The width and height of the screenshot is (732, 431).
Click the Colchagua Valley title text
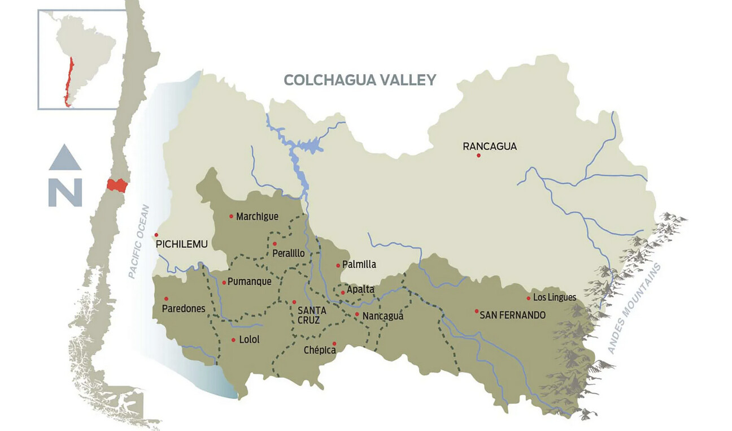(x=360, y=80)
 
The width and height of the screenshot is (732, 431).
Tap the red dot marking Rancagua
(x=478, y=155)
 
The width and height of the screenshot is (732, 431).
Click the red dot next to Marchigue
(x=231, y=216)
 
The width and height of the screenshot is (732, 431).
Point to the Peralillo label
(x=288, y=253)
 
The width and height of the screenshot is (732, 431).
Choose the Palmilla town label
(x=359, y=264)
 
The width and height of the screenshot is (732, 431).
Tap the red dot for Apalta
(x=343, y=292)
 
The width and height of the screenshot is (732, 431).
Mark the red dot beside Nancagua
(x=357, y=314)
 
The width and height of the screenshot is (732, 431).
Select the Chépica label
(x=320, y=351)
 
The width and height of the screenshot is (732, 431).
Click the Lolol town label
(x=249, y=340)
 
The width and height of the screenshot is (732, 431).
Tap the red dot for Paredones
(x=166, y=299)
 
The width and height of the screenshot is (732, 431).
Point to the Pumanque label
(x=250, y=282)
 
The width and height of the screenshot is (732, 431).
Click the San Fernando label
(x=512, y=315)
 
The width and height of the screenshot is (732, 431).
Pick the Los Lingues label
(x=554, y=298)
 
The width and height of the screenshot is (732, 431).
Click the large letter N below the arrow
(x=65, y=192)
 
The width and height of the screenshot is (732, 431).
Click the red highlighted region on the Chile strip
(x=117, y=186)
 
